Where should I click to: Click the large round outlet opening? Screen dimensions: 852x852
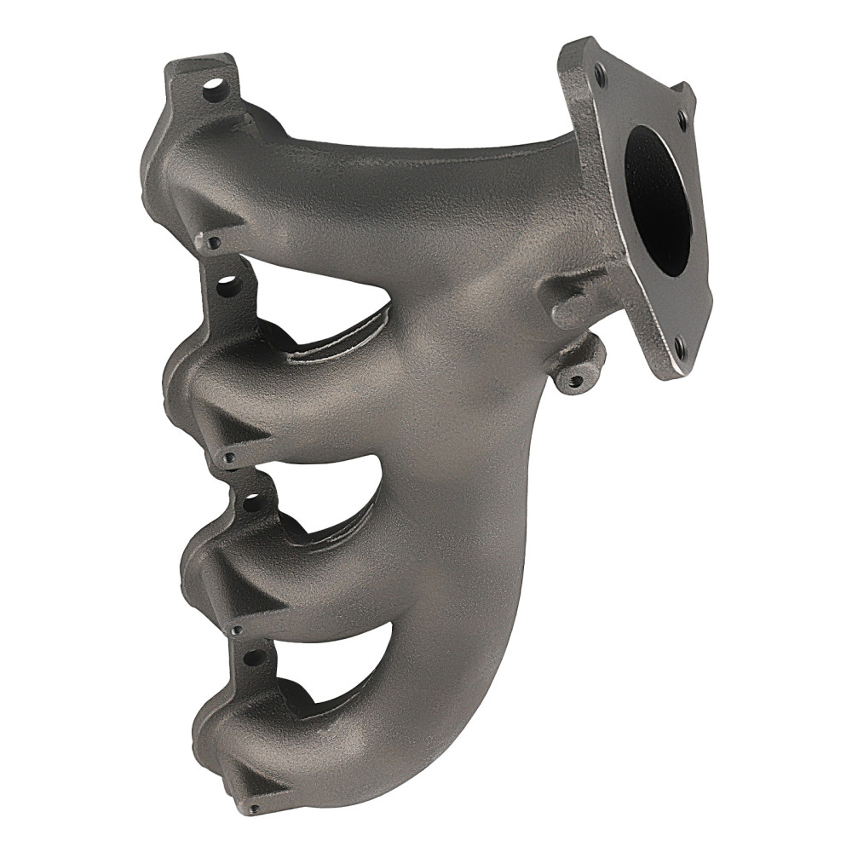point(657,201)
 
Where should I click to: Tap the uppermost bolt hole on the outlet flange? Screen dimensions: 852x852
point(601,74)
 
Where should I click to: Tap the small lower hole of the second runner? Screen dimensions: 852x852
point(227,458)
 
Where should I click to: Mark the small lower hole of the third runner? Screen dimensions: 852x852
point(236,631)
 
